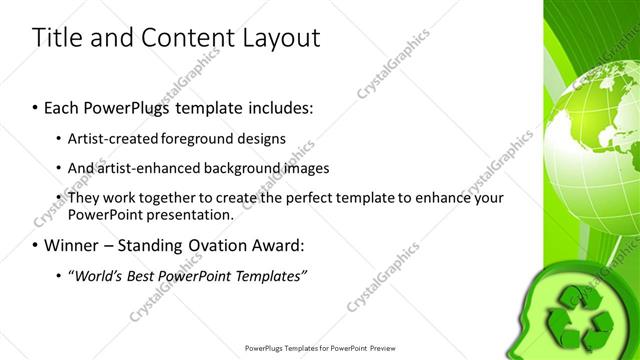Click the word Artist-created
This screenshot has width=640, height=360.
[x=116, y=138]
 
